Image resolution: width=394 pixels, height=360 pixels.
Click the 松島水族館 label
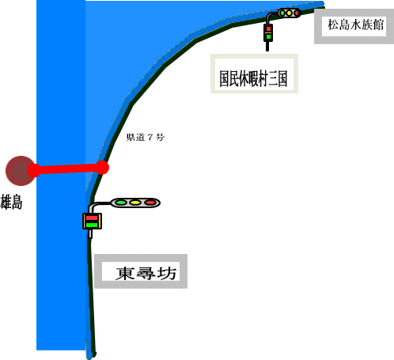point(356,25)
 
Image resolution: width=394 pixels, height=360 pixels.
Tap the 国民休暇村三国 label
point(253,78)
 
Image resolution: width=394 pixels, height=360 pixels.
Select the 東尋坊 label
point(146,273)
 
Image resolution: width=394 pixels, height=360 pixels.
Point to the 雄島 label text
point(11,202)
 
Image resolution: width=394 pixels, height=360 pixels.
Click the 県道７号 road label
point(146,137)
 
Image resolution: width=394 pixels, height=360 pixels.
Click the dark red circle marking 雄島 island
point(21,171)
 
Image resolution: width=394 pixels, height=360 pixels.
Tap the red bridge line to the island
point(68,169)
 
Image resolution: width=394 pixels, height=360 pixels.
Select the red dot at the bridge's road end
point(101,167)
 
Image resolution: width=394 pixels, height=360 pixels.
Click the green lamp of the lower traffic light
point(121,203)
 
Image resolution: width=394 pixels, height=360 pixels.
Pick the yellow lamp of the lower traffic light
point(135,203)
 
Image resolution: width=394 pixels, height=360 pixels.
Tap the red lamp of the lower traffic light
point(150,203)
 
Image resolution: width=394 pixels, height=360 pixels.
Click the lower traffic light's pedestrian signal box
point(92,222)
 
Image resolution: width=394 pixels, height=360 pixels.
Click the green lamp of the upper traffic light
point(282,13)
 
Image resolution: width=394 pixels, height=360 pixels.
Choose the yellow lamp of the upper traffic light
point(290,13)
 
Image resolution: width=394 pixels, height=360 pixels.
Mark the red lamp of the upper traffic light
point(297,13)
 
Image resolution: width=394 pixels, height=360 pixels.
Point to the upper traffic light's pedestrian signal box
point(268,32)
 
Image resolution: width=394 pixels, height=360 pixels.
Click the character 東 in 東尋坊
point(125,273)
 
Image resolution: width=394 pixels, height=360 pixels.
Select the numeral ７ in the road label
point(150,137)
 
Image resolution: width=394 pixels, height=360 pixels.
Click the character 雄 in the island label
point(6,202)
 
